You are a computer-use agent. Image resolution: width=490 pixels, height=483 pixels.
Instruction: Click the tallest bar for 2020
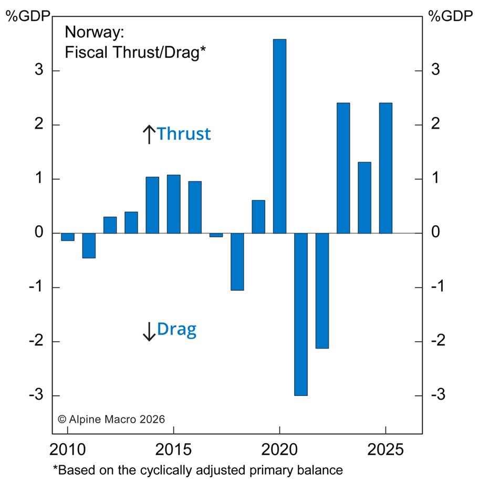279,136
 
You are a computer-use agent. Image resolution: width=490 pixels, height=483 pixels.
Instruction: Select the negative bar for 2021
300,314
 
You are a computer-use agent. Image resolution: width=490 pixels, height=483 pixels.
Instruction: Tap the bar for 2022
322,290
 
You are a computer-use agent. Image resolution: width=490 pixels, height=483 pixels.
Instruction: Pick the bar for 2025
385,168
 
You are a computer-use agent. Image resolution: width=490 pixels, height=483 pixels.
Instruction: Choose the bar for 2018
237,261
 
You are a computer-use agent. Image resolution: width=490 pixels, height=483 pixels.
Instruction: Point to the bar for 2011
89,245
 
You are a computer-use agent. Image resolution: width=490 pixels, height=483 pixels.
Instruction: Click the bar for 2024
364,197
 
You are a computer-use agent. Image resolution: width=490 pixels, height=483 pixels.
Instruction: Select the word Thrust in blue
184,134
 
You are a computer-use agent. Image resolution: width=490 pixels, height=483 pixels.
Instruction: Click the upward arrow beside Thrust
149,134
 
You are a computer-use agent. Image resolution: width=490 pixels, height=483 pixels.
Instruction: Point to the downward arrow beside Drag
149,331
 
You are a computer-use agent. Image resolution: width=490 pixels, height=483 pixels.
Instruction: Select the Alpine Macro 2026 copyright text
111,419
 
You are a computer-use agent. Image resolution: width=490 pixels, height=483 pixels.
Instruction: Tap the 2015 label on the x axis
173,450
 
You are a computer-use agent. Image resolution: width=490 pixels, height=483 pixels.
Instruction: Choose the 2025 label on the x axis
385,450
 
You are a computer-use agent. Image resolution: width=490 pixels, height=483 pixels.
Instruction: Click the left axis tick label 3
39,71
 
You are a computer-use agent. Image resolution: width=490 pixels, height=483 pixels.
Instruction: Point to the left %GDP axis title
28,15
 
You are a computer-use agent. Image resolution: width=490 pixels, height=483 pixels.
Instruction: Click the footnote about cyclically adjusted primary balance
198,470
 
